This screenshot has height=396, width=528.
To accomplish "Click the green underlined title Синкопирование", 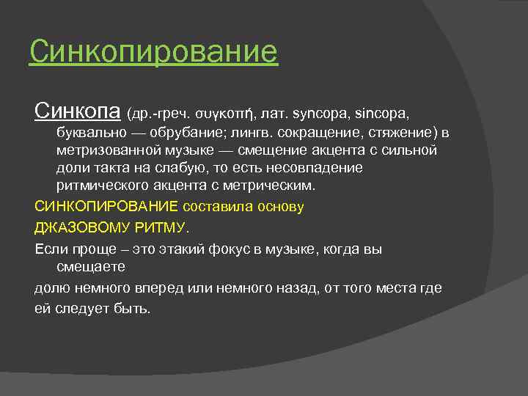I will click(x=153, y=52).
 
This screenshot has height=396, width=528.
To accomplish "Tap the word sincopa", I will click(x=381, y=114).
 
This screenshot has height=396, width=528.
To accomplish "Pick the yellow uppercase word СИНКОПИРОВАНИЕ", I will click(x=106, y=206).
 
